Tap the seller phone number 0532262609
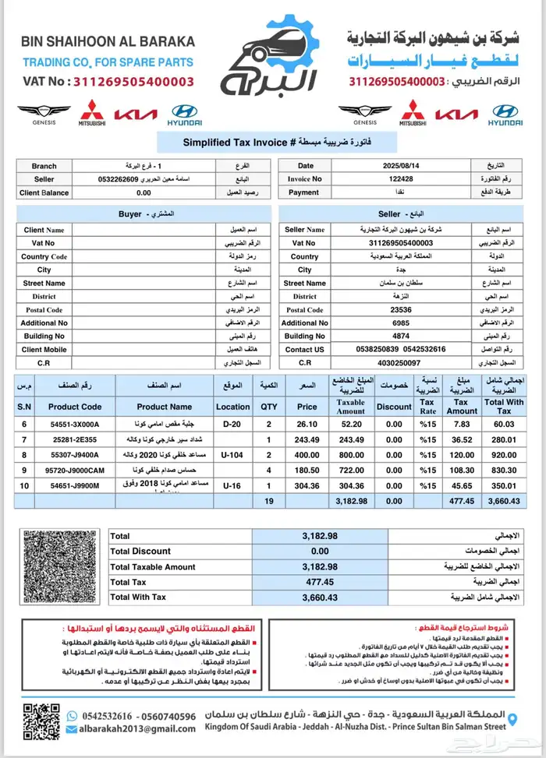point(119,179)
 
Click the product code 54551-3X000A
point(75,424)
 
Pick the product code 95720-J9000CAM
point(75,470)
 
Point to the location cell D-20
point(232,424)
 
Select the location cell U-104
point(232,454)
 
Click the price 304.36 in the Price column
point(307,485)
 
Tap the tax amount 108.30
point(462,470)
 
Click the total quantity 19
point(268,501)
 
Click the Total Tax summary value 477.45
point(320,581)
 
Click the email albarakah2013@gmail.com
point(136,729)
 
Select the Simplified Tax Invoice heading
point(273,143)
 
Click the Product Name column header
point(164,406)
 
